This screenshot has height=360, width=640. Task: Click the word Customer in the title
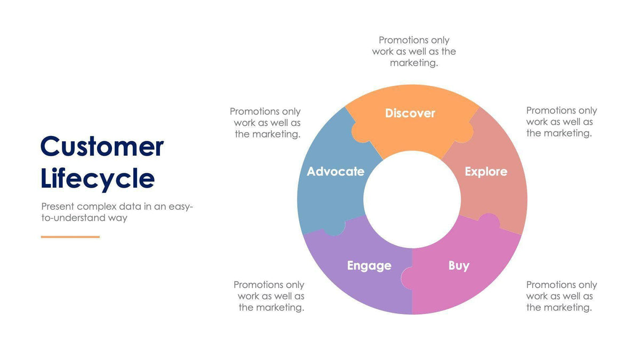pyautogui.click(x=102, y=146)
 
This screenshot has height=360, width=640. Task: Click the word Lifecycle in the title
pyautogui.click(x=98, y=178)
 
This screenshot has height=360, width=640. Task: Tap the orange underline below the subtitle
pyautogui.click(x=70, y=237)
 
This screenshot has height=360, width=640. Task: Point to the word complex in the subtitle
pyautogui.click(x=96, y=206)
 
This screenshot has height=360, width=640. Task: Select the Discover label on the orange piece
pyautogui.click(x=410, y=113)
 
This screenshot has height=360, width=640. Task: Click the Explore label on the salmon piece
pyautogui.click(x=486, y=172)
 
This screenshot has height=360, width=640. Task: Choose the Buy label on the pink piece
pyautogui.click(x=459, y=266)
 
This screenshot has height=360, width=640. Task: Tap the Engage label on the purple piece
pyautogui.click(x=369, y=266)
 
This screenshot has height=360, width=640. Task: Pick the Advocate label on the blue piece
pyautogui.click(x=335, y=172)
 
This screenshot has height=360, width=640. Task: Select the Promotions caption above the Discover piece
pyautogui.click(x=414, y=51)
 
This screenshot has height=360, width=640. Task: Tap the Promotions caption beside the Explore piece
pyautogui.click(x=561, y=122)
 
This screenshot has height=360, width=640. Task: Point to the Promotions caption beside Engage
pyautogui.click(x=270, y=296)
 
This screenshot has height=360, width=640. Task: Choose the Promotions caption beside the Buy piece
pyautogui.click(x=561, y=296)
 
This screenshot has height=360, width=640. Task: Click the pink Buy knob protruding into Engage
pyautogui.click(x=406, y=277)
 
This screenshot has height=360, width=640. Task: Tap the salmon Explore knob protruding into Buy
pyautogui.click(x=489, y=221)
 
